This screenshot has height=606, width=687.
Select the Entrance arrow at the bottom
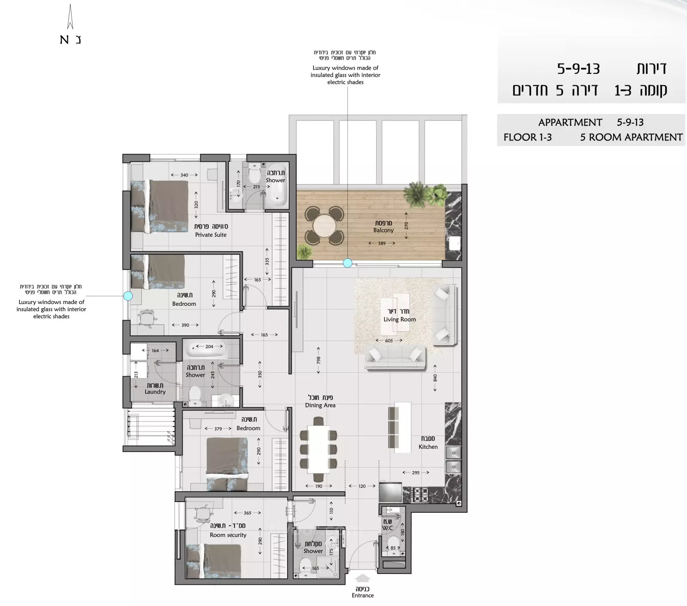[x=363, y=579]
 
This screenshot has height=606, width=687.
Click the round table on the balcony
[x=325, y=225]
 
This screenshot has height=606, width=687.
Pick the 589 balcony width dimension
[x=382, y=244]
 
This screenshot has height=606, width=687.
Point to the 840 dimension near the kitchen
[x=435, y=378]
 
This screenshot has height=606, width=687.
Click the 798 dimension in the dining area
[x=318, y=360]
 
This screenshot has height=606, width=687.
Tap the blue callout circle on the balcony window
[x=348, y=263]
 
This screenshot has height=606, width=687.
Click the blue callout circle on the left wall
[x=128, y=296]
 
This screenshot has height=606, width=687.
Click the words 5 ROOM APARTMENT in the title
[x=631, y=137]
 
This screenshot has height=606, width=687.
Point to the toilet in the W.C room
[x=393, y=542]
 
